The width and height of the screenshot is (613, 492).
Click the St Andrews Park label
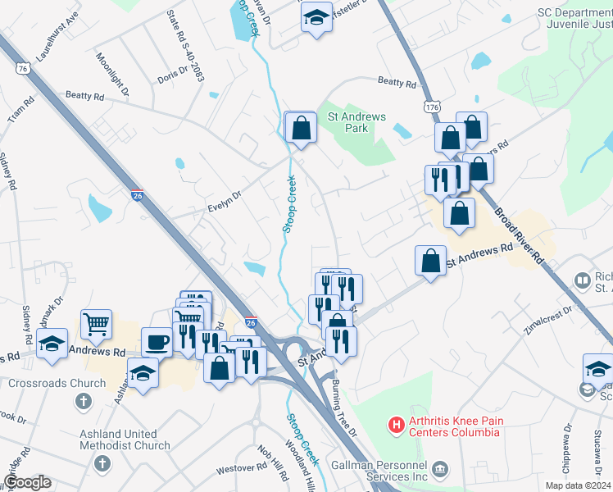(x=356, y=123)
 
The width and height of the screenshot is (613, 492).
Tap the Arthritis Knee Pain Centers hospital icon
(x=397, y=425)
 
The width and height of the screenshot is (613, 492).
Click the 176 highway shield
(x=432, y=107)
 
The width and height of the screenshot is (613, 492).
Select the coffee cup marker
(x=157, y=341)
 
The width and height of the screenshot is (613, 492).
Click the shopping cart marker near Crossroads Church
(x=97, y=323)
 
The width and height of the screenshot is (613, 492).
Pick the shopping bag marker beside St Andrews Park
(x=301, y=127)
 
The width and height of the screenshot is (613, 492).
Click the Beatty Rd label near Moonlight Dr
(x=85, y=96)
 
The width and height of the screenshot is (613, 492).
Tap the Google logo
(x=27, y=482)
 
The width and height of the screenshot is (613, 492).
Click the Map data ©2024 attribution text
(x=577, y=485)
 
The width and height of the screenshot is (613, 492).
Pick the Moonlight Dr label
(x=112, y=73)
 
